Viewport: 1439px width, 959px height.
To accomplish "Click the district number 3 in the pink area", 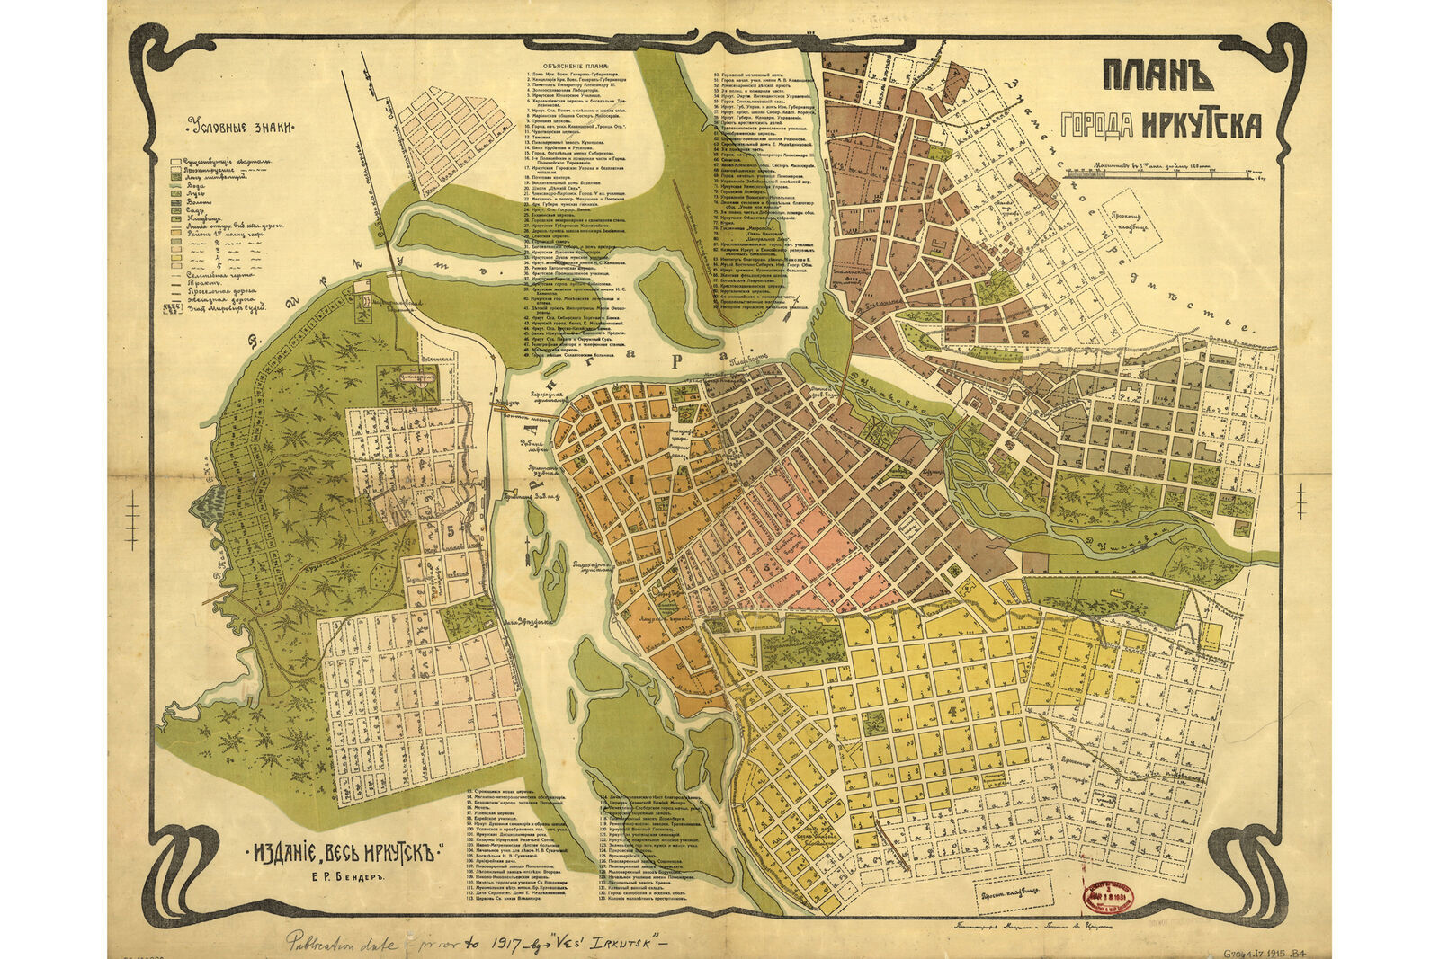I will tap(765, 568).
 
